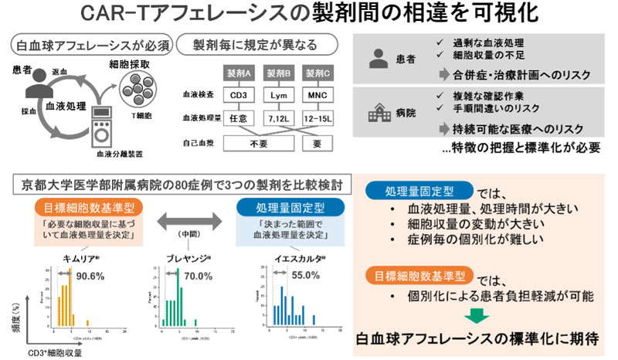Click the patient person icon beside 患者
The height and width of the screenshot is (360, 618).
pyautogui.click(x=378, y=57)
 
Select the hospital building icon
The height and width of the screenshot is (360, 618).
pyautogui.click(x=378, y=113)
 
